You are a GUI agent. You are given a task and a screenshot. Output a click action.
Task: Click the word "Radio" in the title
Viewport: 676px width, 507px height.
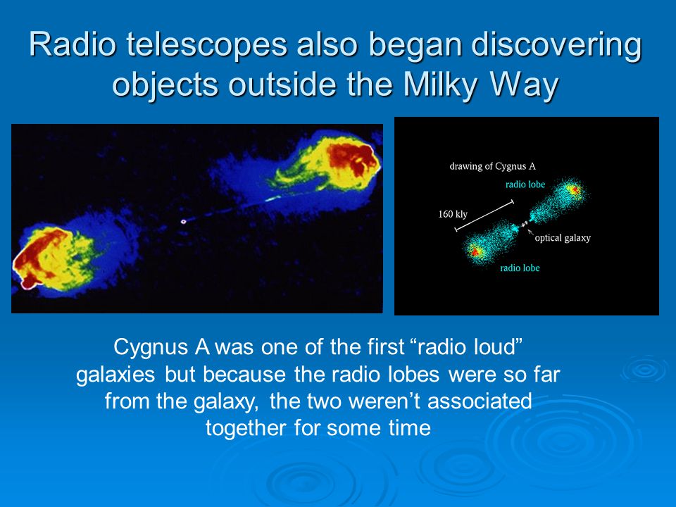click(72, 44)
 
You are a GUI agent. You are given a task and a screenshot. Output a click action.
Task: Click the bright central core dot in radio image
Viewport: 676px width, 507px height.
click(183, 222)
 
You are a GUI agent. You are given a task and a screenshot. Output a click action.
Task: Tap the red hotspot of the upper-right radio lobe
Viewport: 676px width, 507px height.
click(349, 158)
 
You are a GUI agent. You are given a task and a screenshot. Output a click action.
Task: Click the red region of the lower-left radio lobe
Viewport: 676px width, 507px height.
click(35, 254)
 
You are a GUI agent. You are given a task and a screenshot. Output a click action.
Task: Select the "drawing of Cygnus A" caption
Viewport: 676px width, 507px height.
click(492, 166)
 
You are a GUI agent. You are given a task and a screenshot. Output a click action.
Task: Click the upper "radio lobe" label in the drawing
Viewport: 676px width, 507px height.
click(525, 184)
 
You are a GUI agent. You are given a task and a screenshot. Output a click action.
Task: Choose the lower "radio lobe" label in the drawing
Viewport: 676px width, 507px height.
click(520, 268)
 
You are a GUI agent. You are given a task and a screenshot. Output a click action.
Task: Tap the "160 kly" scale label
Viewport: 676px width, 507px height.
click(453, 214)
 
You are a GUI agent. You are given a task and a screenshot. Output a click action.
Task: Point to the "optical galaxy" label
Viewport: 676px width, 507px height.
click(563, 238)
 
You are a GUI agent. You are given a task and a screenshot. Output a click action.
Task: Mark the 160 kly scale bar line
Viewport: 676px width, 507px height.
click(484, 215)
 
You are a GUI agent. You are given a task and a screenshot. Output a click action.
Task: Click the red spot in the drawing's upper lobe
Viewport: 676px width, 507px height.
click(574, 189)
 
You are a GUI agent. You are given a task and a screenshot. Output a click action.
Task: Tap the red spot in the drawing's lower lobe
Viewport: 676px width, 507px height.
click(474, 252)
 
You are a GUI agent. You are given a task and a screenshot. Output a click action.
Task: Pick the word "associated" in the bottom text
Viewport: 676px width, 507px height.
click(480, 401)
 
